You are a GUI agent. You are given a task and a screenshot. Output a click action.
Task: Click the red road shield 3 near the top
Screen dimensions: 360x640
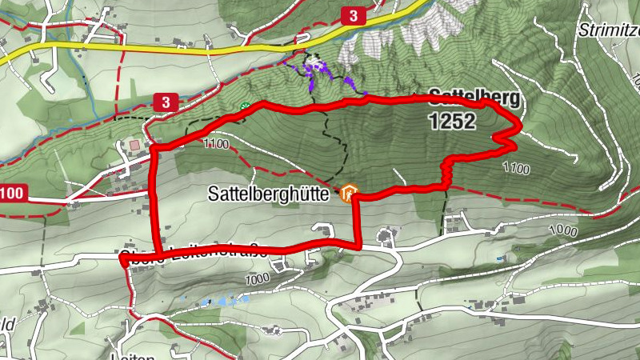[352, 14]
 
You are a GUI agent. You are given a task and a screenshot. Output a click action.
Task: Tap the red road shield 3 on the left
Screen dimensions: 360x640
[165, 102]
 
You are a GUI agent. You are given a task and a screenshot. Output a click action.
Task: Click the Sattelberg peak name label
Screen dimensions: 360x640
[474, 98]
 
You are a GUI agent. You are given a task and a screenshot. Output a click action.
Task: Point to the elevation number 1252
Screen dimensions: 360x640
[451, 122]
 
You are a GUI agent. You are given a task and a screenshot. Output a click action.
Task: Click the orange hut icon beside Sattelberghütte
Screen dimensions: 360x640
[348, 193]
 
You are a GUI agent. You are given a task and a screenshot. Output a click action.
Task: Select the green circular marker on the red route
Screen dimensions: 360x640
[246, 106]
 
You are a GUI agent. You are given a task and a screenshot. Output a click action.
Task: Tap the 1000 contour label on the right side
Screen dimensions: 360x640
[563, 230]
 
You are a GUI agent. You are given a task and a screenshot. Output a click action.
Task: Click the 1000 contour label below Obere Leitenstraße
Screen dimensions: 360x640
[257, 279]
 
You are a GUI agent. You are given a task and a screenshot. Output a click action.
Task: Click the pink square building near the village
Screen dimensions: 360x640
[134, 145]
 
